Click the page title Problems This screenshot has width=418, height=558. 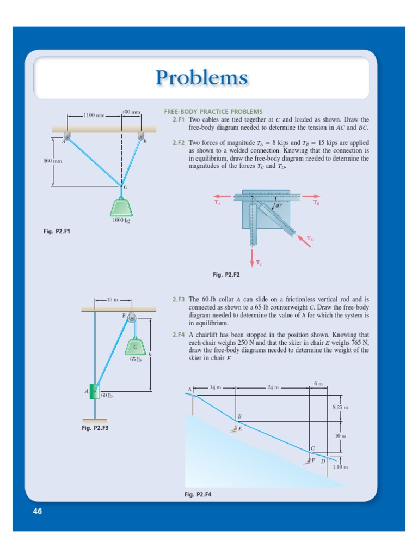tap(201, 77)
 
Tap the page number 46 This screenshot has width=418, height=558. tap(38, 511)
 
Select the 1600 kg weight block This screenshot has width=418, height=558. tap(121, 207)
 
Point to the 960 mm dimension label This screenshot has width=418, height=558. tap(53, 161)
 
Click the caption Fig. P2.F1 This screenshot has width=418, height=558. tap(57, 232)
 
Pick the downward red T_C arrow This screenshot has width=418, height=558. tap(252, 257)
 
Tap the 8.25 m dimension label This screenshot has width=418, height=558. tap(340, 408)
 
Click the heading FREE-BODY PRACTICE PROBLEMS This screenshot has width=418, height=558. tap(213, 112)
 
